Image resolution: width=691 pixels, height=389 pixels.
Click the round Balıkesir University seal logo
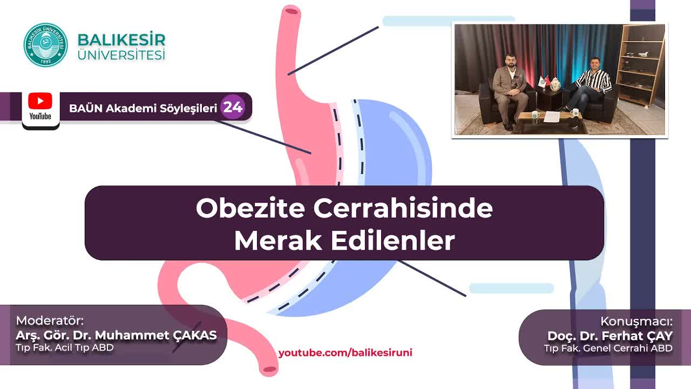click(x=46, y=45)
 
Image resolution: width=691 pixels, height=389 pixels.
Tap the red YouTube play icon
click(x=40, y=100)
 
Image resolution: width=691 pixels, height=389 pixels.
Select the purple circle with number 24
click(x=233, y=107)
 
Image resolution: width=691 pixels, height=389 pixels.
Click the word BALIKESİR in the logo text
click(x=121, y=40)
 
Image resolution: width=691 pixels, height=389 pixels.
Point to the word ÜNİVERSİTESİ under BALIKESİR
click(x=121, y=55)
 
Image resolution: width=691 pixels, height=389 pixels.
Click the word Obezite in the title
click(x=250, y=209)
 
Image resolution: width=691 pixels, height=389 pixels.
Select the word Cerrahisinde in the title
click(x=403, y=209)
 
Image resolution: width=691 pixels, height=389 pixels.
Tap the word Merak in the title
click(x=278, y=240)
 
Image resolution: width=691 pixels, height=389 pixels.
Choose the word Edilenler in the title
click(x=392, y=240)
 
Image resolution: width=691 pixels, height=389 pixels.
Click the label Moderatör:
click(x=50, y=320)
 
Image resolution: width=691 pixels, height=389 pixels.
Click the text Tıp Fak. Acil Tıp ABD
click(x=65, y=347)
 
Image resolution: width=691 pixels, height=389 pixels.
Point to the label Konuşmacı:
click(x=636, y=321)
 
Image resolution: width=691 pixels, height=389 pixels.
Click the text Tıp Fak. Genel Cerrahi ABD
click(x=608, y=348)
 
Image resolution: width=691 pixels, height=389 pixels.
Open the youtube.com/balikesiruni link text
click(x=345, y=353)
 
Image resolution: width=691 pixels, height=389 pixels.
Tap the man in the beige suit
click(x=510, y=92)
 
